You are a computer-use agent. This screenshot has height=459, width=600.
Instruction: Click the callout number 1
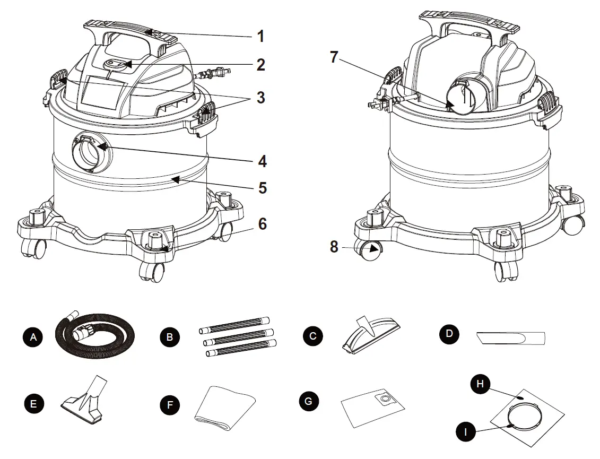[260, 37]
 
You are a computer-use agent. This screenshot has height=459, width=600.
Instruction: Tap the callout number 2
[260, 65]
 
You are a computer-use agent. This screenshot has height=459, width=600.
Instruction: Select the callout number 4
[260, 161]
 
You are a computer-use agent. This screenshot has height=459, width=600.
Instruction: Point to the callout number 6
[262, 224]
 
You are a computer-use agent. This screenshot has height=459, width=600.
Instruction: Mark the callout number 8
[334, 247]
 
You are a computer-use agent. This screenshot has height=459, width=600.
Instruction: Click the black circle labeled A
[34, 336]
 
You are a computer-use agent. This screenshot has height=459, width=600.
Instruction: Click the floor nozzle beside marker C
[372, 335]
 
